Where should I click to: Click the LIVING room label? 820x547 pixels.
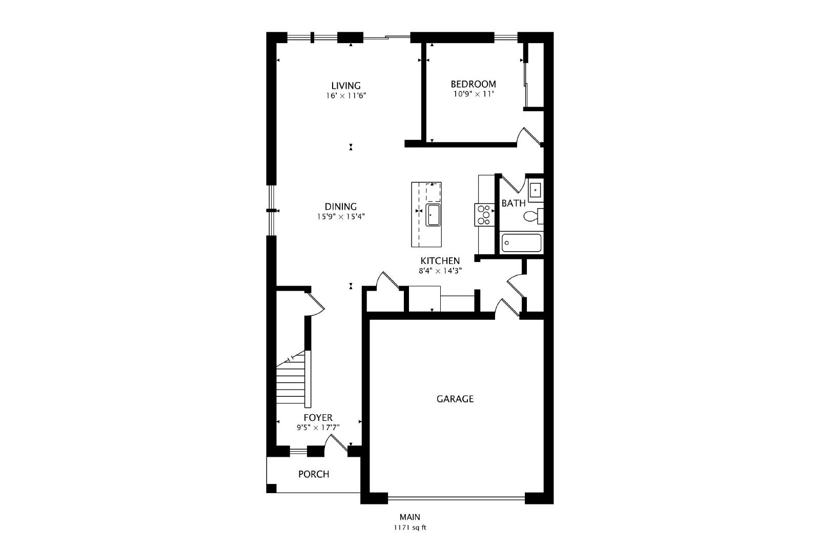346,86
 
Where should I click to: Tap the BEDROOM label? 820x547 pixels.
474,84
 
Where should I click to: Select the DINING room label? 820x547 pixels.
340,207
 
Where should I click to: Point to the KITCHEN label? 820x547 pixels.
440,261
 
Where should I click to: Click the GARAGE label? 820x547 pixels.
455,399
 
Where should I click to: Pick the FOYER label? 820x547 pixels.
318,417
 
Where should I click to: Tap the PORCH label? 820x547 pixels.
314,474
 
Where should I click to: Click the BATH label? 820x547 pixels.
513,203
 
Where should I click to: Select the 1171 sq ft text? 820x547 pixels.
410,528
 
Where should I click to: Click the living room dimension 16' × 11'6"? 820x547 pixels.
346,96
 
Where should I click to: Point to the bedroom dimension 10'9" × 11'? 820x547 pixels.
474,94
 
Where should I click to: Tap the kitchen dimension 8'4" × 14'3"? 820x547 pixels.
440,271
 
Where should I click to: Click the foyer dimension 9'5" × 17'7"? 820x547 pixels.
318,427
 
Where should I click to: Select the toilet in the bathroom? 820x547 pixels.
534,216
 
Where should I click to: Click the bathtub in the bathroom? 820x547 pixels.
521,243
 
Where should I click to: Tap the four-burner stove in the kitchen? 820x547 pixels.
484,215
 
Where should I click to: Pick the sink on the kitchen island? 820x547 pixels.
433,215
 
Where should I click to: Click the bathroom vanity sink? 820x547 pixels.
536,190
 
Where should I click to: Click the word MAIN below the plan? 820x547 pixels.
409,517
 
